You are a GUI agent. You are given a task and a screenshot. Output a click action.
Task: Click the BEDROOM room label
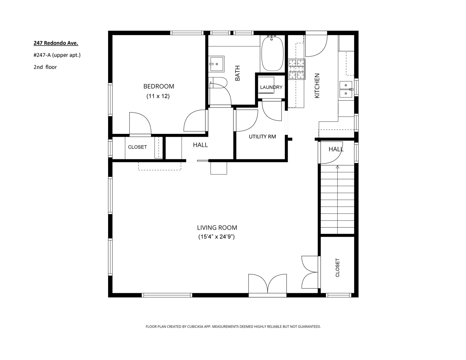(158, 86)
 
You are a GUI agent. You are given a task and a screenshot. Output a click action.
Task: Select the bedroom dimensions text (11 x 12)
(158, 96)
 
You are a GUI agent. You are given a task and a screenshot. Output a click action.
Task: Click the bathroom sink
(216, 64)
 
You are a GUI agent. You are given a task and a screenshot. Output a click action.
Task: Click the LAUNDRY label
(271, 87)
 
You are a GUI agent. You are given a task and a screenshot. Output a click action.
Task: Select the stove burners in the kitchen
(297, 69)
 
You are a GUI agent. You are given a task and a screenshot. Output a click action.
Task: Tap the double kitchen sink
(346, 89)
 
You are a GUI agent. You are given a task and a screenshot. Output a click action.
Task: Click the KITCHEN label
(317, 86)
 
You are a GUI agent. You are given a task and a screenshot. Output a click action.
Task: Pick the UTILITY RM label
(262, 137)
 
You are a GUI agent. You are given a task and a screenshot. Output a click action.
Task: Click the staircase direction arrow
(337, 167)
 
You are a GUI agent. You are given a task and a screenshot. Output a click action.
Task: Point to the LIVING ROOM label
(217, 228)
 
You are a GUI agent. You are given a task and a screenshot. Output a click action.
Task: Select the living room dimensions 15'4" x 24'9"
(216, 237)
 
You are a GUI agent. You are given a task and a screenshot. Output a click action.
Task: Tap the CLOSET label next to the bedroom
(137, 147)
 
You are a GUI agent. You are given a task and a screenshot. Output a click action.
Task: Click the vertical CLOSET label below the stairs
(337, 267)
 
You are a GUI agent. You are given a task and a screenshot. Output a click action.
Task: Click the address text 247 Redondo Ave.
(56, 43)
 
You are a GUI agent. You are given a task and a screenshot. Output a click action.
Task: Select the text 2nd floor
(45, 67)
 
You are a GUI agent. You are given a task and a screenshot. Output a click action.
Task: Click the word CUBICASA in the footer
(195, 326)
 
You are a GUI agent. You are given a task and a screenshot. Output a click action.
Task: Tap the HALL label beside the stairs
(336, 149)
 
